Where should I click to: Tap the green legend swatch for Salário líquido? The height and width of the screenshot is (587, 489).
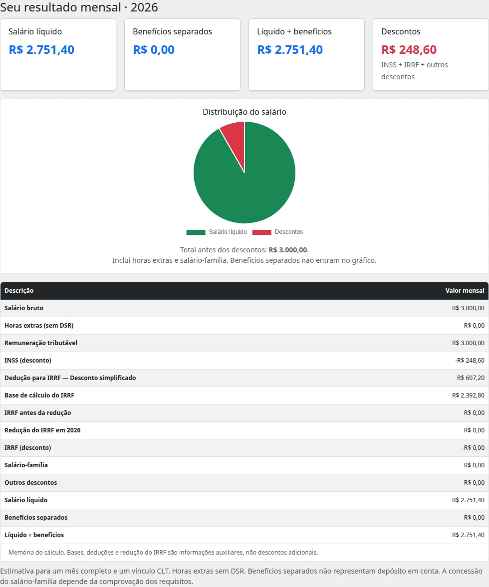point(196,232)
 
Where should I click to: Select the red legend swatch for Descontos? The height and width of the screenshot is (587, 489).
point(262,232)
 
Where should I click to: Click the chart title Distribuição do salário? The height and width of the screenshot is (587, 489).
point(244,112)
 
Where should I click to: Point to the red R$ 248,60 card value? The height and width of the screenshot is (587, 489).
point(409,50)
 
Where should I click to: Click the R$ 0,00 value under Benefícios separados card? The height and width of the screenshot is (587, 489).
point(154,50)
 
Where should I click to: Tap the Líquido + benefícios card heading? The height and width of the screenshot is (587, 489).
point(294,32)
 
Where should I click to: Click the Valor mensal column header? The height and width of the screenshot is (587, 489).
point(465,290)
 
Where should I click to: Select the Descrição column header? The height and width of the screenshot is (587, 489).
point(19,290)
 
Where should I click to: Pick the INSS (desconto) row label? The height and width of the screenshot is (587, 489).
point(28,361)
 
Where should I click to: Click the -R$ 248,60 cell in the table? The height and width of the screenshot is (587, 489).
point(470,361)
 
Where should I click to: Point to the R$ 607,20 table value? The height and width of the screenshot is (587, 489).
point(471,378)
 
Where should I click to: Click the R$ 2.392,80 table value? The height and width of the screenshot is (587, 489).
point(468,395)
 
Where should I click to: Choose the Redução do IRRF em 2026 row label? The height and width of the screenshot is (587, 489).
point(42,430)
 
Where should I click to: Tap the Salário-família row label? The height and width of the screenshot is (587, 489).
point(26,465)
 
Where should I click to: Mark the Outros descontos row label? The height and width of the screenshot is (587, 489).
point(31,483)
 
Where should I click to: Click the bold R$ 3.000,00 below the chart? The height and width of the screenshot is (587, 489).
point(288,250)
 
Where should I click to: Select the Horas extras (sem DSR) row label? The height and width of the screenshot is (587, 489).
point(39,326)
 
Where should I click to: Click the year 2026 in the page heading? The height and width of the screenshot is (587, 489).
point(144,7)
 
